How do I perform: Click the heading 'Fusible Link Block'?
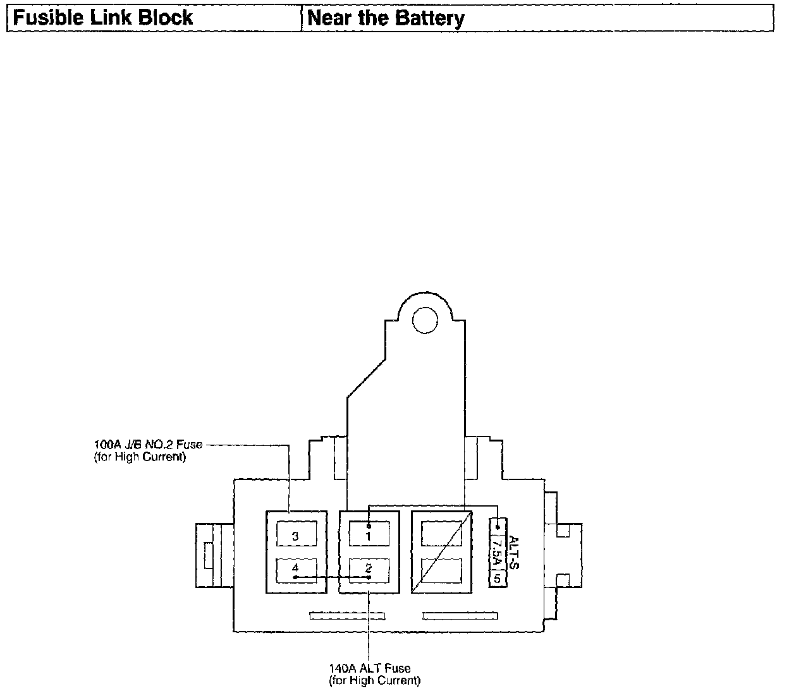click(x=103, y=18)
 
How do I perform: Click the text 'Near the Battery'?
click(x=385, y=18)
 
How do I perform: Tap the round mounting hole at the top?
click(x=424, y=320)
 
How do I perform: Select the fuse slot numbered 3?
click(x=296, y=536)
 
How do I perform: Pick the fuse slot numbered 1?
click(x=369, y=536)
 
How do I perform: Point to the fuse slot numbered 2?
click(x=369, y=570)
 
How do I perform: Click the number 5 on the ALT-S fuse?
click(x=498, y=578)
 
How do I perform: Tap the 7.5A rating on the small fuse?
click(x=498, y=551)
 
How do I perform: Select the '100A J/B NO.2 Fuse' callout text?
click(x=148, y=445)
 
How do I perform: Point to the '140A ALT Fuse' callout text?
click(x=369, y=668)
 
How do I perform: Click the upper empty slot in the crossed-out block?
click(x=441, y=534)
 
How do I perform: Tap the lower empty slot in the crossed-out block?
click(x=441, y=570)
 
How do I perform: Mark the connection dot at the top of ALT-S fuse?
click(x=498, y=527)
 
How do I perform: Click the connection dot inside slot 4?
click(x=295, y=577)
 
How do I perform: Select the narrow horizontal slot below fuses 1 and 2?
click(x=346, y=616)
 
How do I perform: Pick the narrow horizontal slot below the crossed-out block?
click(x=460, y=616)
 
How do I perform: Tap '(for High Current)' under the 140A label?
click(x=374, y=680)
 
